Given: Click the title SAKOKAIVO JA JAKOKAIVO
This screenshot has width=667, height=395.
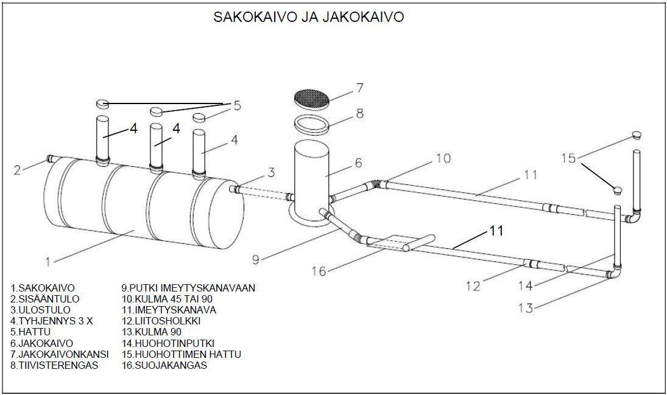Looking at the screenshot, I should point(308,16).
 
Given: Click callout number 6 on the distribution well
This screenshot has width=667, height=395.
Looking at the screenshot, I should point(358,163).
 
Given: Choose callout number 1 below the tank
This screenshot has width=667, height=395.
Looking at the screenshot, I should point(49,262).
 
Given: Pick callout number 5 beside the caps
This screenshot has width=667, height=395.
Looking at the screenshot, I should point(237,105).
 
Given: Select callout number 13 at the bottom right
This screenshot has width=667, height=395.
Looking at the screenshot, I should point(525,308).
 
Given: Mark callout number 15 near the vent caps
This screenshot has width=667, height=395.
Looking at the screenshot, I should point(568,158).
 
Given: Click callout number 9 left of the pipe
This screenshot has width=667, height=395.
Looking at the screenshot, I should point(256,259).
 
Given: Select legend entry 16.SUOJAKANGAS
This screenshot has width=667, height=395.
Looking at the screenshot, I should point(164,365).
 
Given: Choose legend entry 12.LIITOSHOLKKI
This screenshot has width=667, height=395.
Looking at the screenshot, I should point(161,321).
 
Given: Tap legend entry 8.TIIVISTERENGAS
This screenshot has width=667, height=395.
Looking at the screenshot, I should point(54,365).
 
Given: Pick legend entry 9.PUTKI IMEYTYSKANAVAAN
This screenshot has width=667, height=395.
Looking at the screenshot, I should point(188,288).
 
